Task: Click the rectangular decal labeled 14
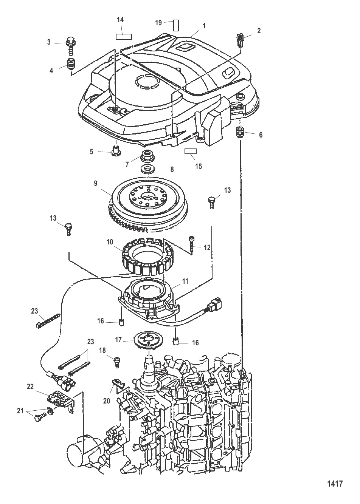124,37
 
